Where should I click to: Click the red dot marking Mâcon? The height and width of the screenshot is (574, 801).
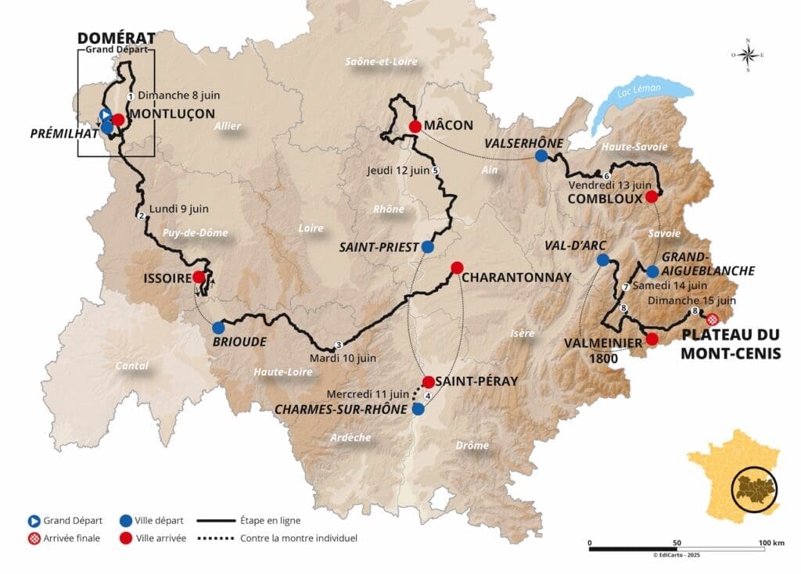tap(415, 126)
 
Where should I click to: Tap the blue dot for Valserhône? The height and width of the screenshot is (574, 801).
tap(541, 156)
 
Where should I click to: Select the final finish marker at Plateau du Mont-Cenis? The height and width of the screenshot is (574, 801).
tap(712, 319)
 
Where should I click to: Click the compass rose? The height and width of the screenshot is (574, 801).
tap(748, 55)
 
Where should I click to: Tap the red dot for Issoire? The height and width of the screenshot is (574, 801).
tap(199, 277)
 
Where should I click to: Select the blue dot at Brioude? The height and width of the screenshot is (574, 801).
tap(217, 328)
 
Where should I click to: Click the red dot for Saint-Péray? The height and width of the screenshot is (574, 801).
tap(428, 382)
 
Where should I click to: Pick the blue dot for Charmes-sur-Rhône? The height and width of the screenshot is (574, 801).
tap(418, 409)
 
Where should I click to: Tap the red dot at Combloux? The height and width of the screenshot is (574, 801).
tap(651, 197)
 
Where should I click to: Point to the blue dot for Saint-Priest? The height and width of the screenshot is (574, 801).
tap(427, 246)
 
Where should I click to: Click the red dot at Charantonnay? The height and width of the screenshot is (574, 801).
tap(458, 267)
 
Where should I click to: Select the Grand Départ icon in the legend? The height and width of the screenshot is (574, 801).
tap(34, 520)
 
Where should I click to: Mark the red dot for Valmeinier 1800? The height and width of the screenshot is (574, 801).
tap(652, 339)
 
